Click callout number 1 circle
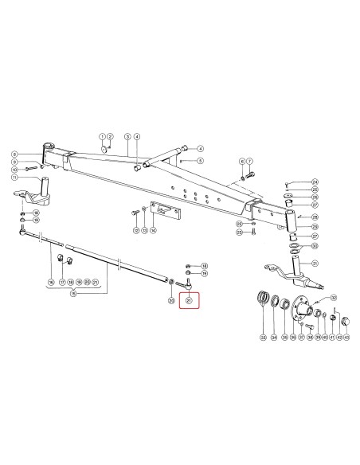click(x=103, y=137)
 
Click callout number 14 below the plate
click(x=154, y=230)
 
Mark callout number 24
click(x=315, y=182)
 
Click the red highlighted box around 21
click(x=189, y=301)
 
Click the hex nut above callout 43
click(x=345, y=321)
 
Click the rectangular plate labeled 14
click(x=166, y=213)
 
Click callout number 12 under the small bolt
click(x=136, y=230)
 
